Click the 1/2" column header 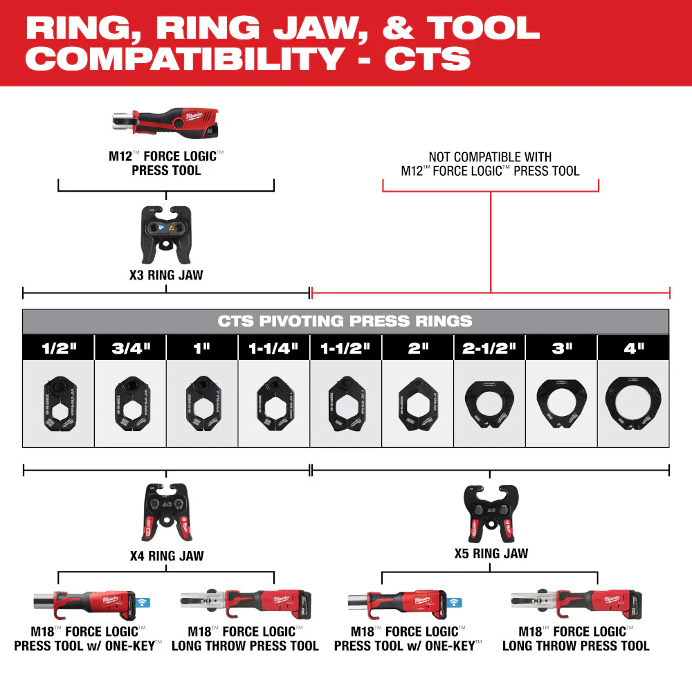pos(58,348)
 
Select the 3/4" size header pos(130,348)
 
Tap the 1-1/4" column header pos(274,348)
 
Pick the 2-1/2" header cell pos(489,348)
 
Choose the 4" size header pos(633,348)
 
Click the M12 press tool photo pos(166,122)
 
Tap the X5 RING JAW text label pos(491,553)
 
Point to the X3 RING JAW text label pos(166,275)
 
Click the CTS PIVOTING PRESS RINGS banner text pos(345,321)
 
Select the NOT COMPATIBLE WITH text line pos(490,157)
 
